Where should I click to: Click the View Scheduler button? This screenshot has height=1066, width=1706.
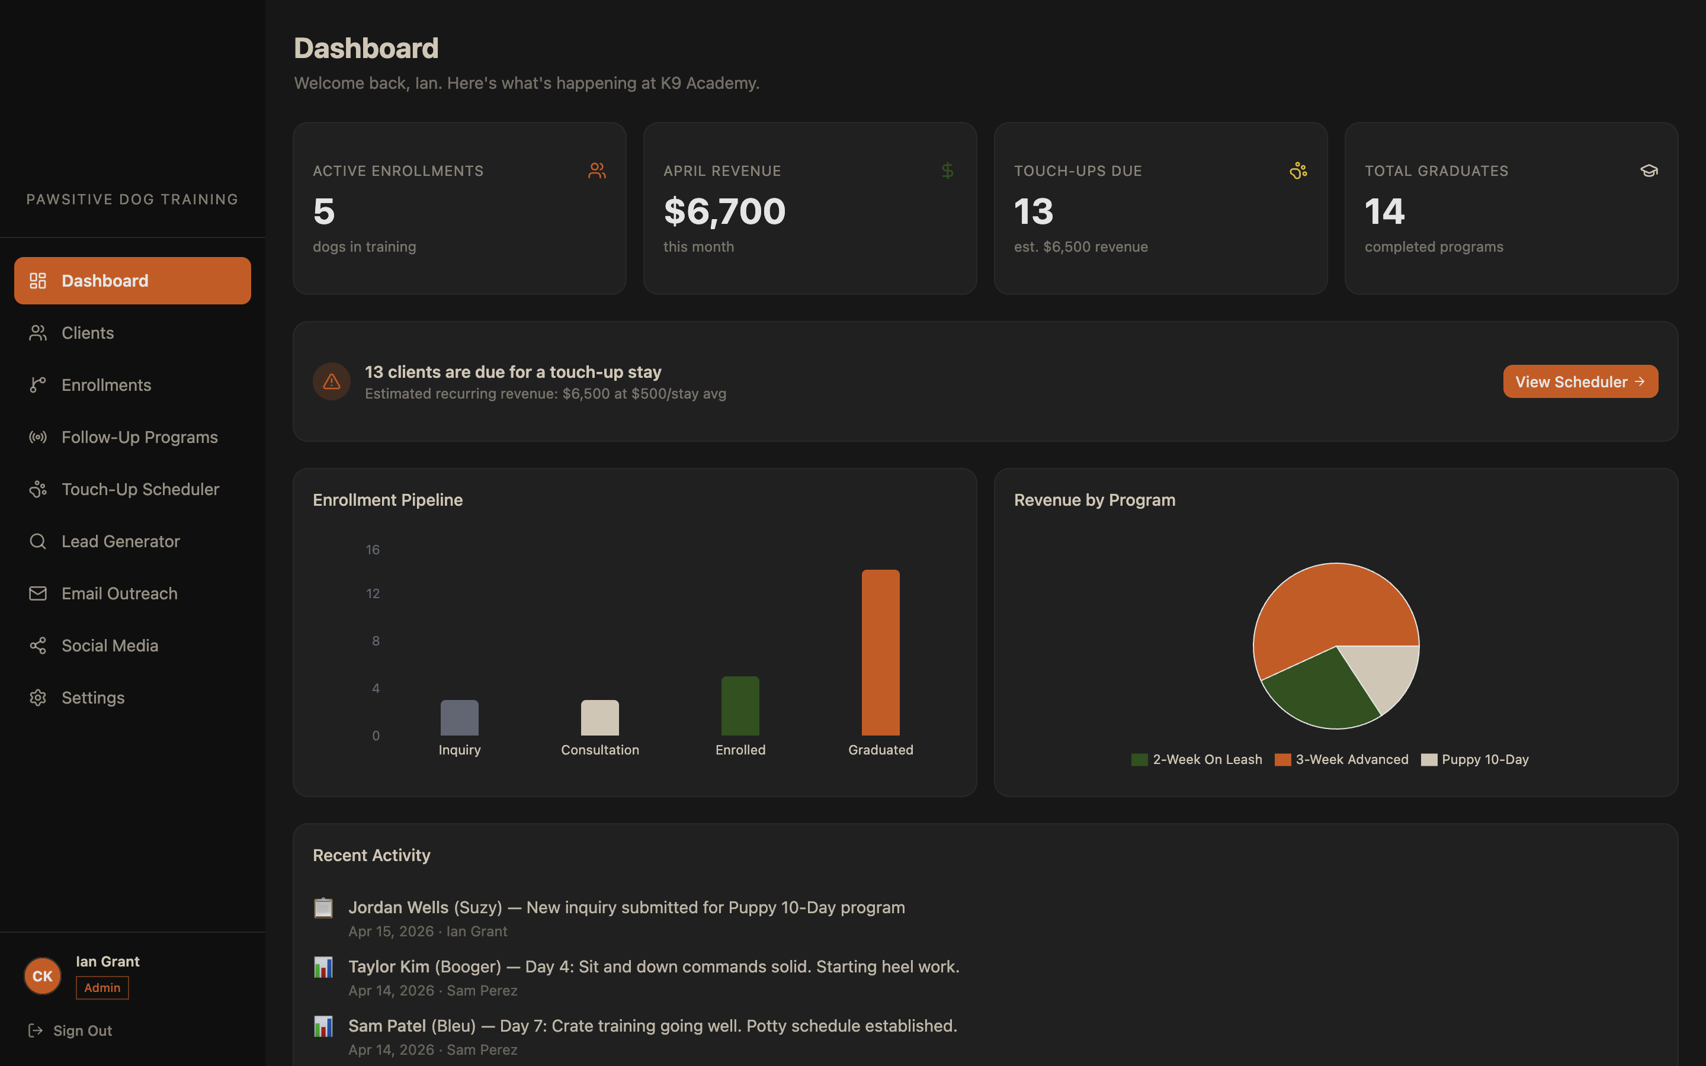[1580, 381]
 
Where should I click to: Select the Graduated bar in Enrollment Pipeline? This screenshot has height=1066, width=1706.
[880, 652]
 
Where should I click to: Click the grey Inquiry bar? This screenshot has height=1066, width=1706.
[459, 718]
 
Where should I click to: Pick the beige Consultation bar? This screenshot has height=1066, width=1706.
[599, 718]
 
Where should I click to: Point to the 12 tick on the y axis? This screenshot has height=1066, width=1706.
[373, 593]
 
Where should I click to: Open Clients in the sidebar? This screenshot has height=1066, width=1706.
[88, 333]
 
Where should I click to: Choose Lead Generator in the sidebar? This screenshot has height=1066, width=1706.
[121, 541]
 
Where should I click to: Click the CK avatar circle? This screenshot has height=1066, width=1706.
[42, 976]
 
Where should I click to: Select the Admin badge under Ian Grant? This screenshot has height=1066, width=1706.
[102, 988]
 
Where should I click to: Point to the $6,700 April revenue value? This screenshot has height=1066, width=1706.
[724, 211]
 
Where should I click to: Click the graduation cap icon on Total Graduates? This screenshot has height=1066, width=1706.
[1648, 171]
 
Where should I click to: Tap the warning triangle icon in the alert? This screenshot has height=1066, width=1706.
[331, 381]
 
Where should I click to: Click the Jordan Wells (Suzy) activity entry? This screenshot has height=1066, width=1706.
[626, 907]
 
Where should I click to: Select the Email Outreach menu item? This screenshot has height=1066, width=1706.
[119, 593]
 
